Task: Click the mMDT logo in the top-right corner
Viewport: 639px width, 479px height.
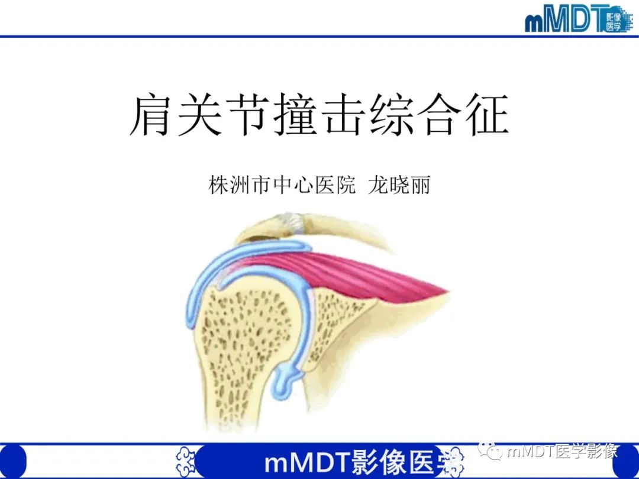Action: click(x=577, y=20)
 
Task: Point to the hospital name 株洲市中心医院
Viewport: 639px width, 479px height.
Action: click(x=282, y=186)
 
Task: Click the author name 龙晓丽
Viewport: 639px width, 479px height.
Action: click(x=399, y=186)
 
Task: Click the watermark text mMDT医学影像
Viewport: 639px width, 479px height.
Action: click(x=562, y=452)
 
